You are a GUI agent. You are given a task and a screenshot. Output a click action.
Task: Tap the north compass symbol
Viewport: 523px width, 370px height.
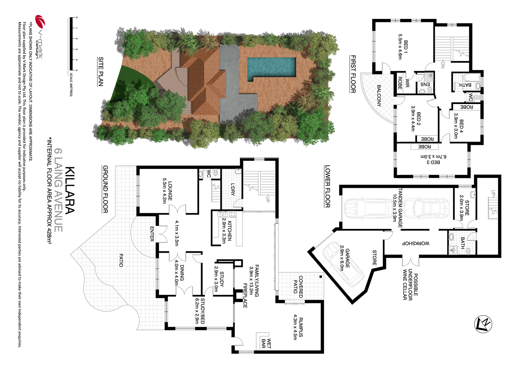(x=483, y=324)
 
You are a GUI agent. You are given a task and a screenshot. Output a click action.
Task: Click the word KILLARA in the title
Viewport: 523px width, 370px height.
(x=70, y=190)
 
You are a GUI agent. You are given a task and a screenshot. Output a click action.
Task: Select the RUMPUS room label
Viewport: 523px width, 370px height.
(x=301, y=327)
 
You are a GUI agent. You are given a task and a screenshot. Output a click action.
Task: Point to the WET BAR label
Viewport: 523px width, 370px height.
(x=266, y=343)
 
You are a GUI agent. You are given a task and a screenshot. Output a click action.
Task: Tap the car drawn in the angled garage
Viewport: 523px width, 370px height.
(x=343, y=264)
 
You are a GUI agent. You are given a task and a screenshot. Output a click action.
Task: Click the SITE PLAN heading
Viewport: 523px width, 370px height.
(x=101, y=72)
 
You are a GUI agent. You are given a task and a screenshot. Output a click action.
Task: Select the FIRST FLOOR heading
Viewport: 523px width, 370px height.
(x=353, y=74)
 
